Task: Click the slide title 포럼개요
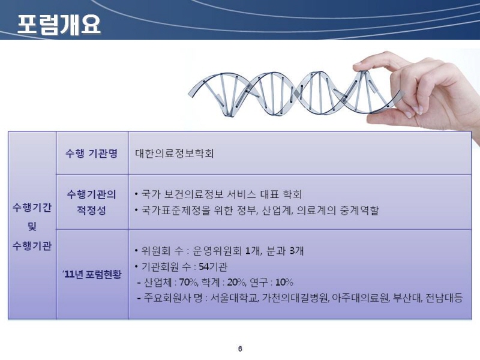(x=59, y=24)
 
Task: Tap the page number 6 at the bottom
(x=240, y=349)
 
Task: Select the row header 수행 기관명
(x=91, y=153)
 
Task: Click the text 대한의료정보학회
(x=174, y=153)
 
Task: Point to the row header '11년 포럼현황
(x=92, y=274)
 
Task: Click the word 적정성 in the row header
(x=91, y=211)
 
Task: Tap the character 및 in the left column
(x=32, y=227)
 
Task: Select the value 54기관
(x=213, y=267)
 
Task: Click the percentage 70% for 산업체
(x=188, y=282)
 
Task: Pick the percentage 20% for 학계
(x=236, y=282)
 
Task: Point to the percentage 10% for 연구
(x=284, y=282)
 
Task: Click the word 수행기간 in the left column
(x=32, y=208)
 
